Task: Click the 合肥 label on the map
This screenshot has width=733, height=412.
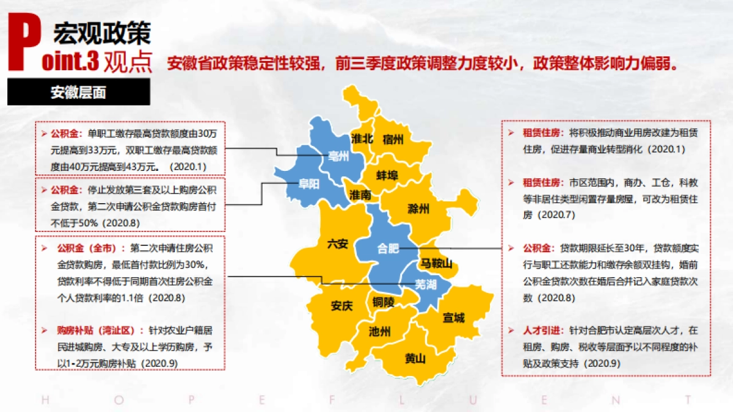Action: point(388,248)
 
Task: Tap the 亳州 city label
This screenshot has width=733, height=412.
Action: point(338,156)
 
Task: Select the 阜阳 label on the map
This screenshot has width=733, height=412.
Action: point(309,185)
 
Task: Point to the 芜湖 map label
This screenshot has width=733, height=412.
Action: point(426,284)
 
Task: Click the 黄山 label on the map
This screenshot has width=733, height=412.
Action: point(415,358)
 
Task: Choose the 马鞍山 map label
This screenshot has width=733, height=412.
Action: point(436,264)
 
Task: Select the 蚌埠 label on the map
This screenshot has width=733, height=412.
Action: point(387,176)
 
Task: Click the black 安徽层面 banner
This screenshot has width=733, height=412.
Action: point(78,93)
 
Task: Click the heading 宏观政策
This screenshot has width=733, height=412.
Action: point(101,34)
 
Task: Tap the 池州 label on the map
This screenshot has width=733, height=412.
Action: point(380,332)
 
